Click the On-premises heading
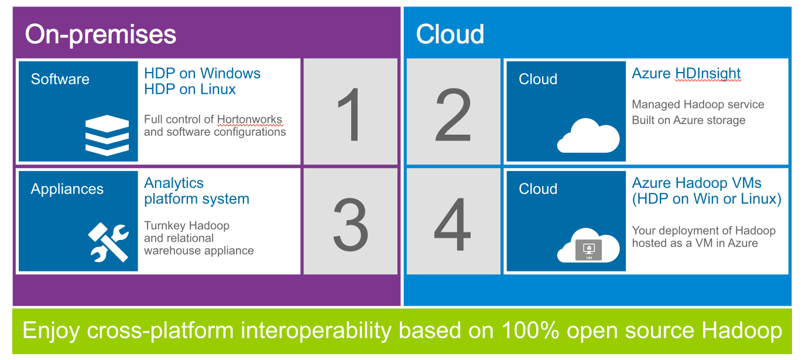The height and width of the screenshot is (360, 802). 101,35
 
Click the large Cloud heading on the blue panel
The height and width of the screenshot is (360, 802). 450,34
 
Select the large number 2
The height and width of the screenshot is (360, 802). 453,115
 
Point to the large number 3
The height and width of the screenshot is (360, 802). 351,224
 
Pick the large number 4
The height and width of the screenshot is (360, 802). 453,224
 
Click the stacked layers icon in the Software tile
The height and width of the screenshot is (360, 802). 107,135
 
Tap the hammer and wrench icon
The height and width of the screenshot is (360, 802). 108,242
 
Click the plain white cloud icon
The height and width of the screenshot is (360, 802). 588,136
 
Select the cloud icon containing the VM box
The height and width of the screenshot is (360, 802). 588,245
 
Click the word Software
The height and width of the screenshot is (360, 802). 60,79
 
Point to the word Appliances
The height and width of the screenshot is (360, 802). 67,189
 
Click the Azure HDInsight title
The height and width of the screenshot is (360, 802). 686,74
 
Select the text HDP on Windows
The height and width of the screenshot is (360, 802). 203,73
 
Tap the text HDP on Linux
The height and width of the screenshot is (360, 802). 190,89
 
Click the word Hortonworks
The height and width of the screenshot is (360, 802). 249,119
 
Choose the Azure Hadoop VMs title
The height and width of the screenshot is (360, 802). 697,183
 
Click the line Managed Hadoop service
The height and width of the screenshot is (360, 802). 698,104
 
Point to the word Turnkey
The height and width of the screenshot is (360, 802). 164,226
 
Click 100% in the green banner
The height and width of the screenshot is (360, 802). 530,330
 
